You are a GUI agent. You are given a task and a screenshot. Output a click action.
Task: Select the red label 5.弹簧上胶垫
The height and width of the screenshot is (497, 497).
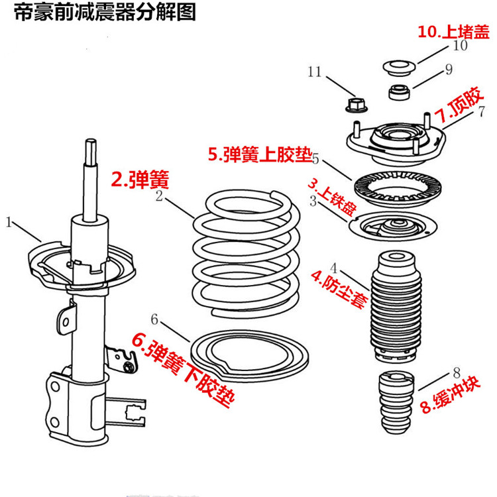[259, 154]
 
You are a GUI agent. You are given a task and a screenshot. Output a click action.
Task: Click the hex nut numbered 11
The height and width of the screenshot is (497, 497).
[354, 103]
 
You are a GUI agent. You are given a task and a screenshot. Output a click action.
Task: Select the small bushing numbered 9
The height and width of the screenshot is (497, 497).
[398, 91]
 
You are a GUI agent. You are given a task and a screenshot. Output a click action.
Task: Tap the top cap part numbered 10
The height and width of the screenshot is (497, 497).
[399, 68]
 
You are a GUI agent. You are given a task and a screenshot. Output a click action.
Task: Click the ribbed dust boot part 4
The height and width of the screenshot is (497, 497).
[395, 305]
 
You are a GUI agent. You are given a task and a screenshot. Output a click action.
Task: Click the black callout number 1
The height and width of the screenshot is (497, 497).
[9, 223]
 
